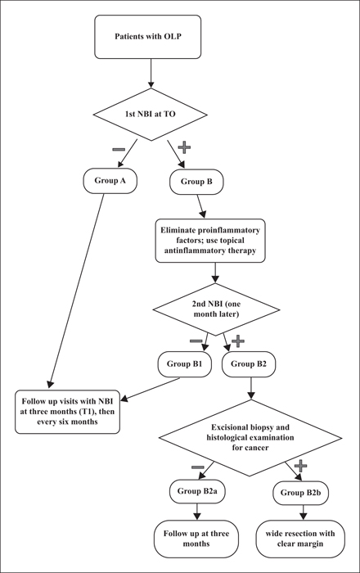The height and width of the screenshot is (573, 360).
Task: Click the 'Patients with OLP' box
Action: coord(148,37)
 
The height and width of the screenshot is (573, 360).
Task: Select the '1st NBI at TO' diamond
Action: coord(151,115)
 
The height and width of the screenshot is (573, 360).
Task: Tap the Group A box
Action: coord(110,181)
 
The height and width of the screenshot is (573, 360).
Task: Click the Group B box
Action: coord(196,182)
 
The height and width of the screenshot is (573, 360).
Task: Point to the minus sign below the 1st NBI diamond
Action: coord(119,150)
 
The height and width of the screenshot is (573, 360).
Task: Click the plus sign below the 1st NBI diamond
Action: coord(184,147)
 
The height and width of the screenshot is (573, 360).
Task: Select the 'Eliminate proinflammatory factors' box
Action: coord(210,241)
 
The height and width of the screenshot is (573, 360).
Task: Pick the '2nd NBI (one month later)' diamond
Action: coord(216,309)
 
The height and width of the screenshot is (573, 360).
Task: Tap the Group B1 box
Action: coord(185,364)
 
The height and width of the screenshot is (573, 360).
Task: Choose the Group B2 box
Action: coord(249,364)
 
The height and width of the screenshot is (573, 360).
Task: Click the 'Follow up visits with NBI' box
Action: coord(68,412)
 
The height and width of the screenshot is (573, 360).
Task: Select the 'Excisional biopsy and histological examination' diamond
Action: coord(250,438)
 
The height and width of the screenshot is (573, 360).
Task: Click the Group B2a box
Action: coord(197,491)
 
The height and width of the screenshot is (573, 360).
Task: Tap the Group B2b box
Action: coord(301,493)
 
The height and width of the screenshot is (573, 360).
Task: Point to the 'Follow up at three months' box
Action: coord(196,539)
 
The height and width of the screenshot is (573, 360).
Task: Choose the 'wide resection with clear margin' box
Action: coord(300,539)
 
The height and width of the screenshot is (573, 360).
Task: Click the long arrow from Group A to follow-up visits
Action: coord(76,291)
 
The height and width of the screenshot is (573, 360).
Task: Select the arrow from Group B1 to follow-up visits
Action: coord(151,389)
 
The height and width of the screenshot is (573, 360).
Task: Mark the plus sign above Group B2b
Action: coord(300,466)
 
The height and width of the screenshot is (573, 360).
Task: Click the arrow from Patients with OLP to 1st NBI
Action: coord(151,74)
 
